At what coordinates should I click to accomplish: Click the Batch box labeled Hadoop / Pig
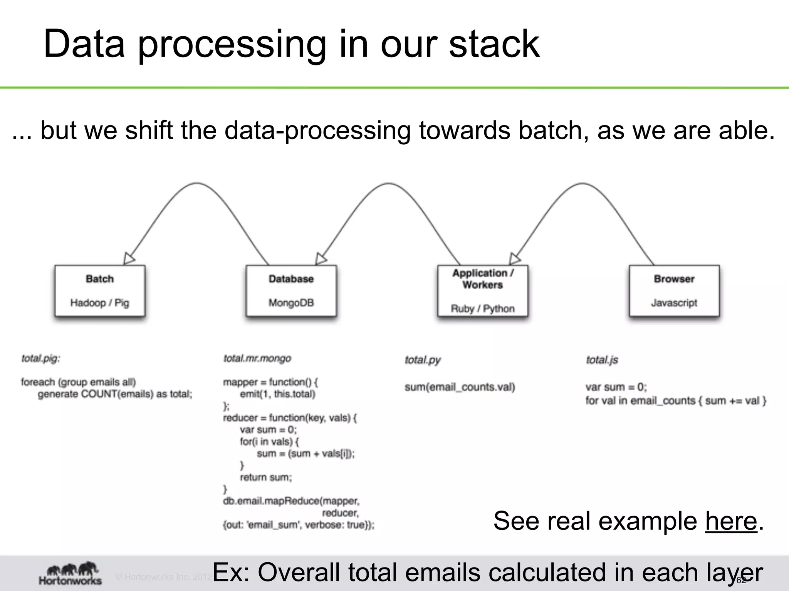[x=100, y=290]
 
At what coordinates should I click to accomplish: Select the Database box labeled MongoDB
[x=291, y=290]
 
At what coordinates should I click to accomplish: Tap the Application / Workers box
[x=483, y=290]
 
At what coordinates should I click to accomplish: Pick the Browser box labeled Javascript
[x=674, y=290]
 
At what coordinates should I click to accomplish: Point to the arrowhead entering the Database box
[x=321, y=259]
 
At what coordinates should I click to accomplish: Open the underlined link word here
[x=731, y=521]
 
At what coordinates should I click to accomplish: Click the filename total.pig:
[x=41, y=359]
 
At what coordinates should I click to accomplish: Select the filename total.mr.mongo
[x=257, y=359]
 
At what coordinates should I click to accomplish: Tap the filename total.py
[x=422, y=360]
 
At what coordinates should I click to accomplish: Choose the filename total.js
[x=602, y=360]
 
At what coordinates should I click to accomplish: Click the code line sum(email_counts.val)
[x=460, y=387]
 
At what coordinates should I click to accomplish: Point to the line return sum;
[x=266, y=477]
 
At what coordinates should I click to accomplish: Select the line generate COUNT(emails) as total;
[x=115, y=394]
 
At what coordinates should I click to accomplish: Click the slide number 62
[x=741, y=581]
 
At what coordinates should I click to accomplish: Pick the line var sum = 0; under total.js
[x=616, y=387]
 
